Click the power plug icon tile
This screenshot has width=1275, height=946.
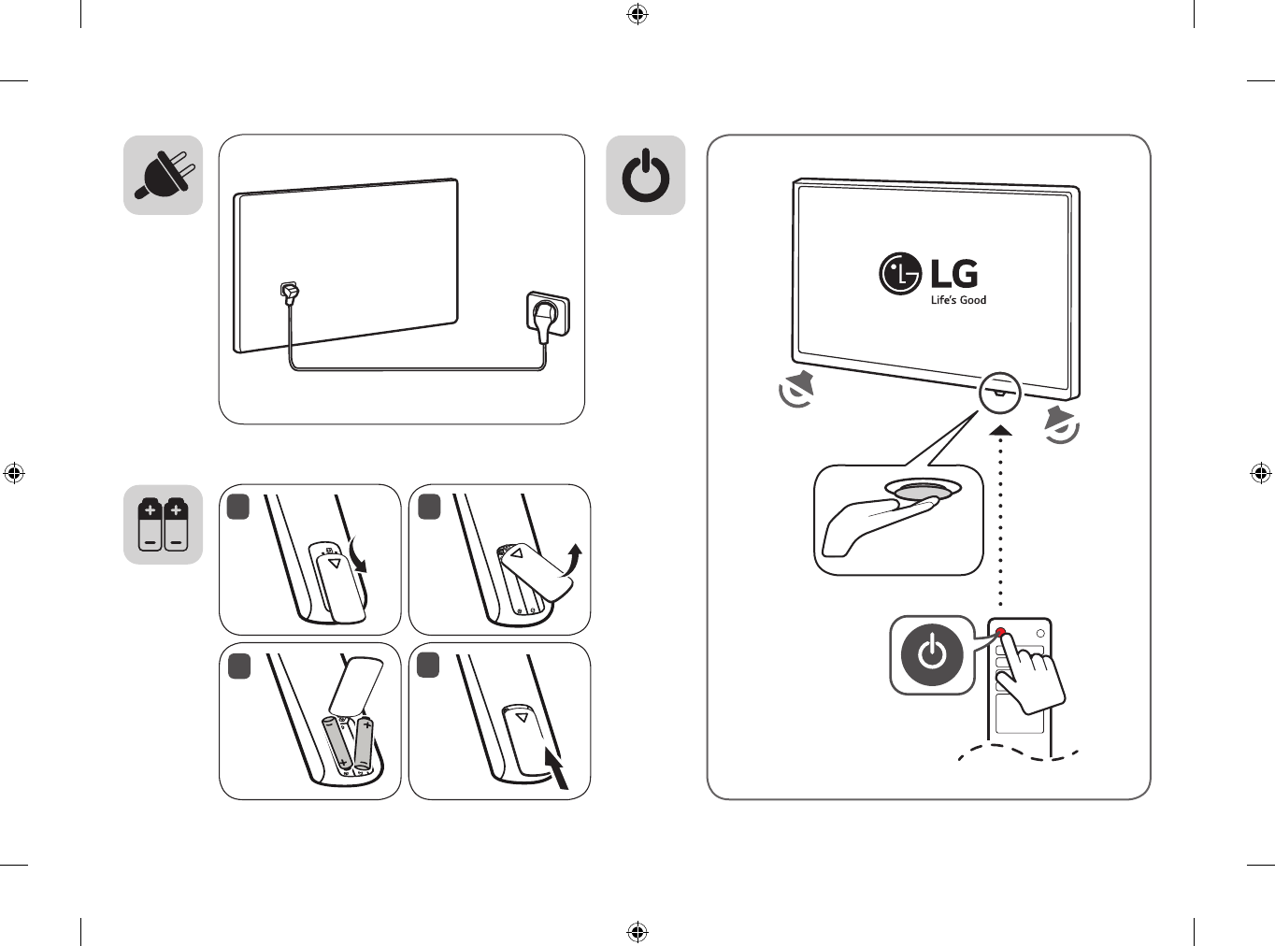pyautogui.click(x=164, y=175)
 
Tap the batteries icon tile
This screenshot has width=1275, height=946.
pyautogui.click(x=164, y=524)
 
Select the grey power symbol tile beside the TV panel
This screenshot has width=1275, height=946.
pyautogui.click(x=646, y=175)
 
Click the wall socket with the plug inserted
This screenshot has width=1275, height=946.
pyautogui.click(x=547, y=315)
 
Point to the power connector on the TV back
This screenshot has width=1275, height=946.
pyautogui.click(x=290, y=294)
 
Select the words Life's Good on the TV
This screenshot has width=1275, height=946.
pyautogui.click(x=958, y=300)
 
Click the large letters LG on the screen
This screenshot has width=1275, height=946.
pyautogui.click(x=954, y=273)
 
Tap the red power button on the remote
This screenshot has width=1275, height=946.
pyautogui.click(x=1000, y=633)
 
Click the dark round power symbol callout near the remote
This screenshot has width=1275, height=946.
pyautogui.click(x=932, y=653)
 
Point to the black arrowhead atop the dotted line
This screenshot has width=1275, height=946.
pyautogui.click(x=1000, y=431)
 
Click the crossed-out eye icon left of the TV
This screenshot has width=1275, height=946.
pyautogui.click(x=797, y=389)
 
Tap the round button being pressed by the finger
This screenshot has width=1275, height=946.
pyautogui.click(x=924, y=492)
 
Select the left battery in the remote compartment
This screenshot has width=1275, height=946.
pyautogui.click(x=337, y=745)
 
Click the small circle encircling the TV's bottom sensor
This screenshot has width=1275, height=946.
pyautogui.click(x=999, y=392)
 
